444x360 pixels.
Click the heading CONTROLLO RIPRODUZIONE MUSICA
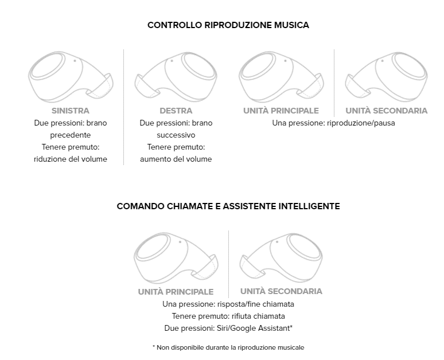[x=228, y=25]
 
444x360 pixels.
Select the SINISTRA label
[x=71, y=111]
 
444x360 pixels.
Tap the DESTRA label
[x=176, y=111]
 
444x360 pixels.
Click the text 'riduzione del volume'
[x=71, y=159]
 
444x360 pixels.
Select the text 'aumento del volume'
[x=176, y=159]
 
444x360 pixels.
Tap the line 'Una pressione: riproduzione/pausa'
[x=333, y=123]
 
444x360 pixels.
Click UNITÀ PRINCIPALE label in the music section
[x=281, y=111]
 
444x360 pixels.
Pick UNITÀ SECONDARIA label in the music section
[x=386, y=111]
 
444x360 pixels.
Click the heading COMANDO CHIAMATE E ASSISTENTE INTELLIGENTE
[x=228, y=206]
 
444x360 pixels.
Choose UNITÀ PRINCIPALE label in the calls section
[x=176, y=292]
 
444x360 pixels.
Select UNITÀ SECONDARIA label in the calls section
[x=281, y=291]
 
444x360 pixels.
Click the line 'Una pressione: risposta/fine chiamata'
[x=228, y=304]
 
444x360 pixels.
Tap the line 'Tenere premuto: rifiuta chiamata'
[x=228, y=316]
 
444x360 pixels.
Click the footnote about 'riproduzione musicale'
[x=228, y=347]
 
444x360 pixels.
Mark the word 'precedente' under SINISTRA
[x=71, y=135]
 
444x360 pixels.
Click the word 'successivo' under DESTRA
[x=176, y=135]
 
